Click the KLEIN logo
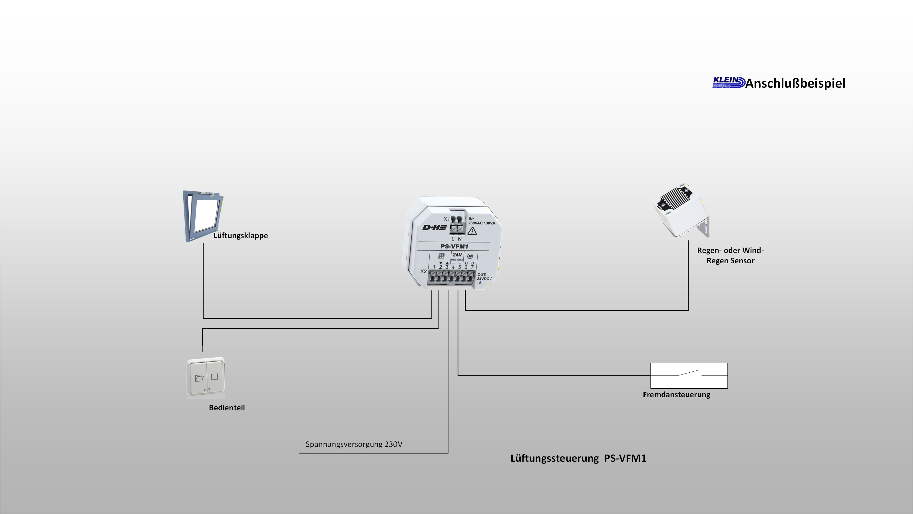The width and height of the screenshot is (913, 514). [728, 82]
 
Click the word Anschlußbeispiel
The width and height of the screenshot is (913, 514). [795, 83]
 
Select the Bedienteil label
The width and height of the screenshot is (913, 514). [227, 408]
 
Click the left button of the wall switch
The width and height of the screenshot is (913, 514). [198, 378]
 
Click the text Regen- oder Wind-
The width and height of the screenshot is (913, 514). [730, 250]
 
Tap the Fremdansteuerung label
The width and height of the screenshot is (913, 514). [676, 395]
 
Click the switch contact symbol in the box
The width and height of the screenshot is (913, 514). [689, 374]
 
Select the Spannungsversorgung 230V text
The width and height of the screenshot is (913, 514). [354, 444]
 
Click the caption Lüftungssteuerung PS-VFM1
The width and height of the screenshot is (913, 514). [578, 458]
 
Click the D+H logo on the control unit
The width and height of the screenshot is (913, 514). [435, 227]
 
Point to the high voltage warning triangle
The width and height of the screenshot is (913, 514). [472, 231]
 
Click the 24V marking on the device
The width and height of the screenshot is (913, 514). [457, 254]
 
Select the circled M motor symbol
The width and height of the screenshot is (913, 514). [470, 256]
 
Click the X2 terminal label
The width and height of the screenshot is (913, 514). [424, 272]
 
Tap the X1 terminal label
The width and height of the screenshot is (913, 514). [446, 219]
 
